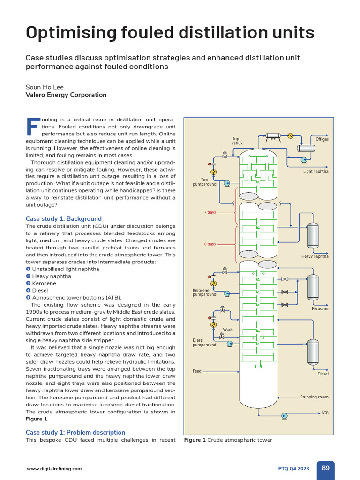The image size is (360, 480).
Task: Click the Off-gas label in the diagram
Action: tap(322, 139)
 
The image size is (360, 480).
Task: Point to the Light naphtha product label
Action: tap(316, 171)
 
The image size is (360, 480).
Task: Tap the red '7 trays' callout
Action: tap(210, 212)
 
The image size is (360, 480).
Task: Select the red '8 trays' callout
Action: tap(210, 244)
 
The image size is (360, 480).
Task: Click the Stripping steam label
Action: tap(315, 397)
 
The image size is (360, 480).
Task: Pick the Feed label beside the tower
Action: tap(197, 371)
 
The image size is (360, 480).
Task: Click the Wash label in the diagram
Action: tap(228, 330)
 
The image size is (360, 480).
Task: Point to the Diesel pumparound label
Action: tap(204, 342)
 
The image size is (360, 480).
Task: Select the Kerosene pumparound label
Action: tap(204, 292)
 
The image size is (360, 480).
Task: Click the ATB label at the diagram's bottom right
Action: tap(325, 413)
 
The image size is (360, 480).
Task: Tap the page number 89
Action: tap(325, 468)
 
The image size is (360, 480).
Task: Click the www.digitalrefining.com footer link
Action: tap(54, 468)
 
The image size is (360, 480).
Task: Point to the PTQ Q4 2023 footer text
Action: tap(294, 468)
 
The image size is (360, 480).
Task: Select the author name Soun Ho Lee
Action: tap(45, 87)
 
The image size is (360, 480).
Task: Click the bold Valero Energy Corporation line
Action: tap(66, 95)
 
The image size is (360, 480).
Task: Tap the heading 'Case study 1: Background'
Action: tap(63, 218)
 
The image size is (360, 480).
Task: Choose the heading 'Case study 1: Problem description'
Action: tap(75, 432)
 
